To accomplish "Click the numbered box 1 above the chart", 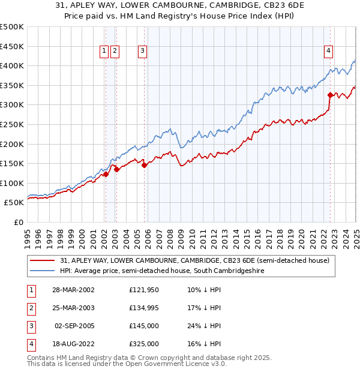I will [x=104, y=52].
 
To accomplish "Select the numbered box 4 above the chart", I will [x=329, y=52].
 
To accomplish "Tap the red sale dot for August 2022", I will [x=330, y=95].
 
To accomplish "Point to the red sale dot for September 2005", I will [x=145, y=165].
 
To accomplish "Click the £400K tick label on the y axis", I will [x=12, y=65].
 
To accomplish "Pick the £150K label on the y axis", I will [x=12, y=163].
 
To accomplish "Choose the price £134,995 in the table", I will [x=144, y=308].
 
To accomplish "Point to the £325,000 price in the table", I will [x=144, y=344].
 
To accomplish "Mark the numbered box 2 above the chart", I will [x=115, y=52].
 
